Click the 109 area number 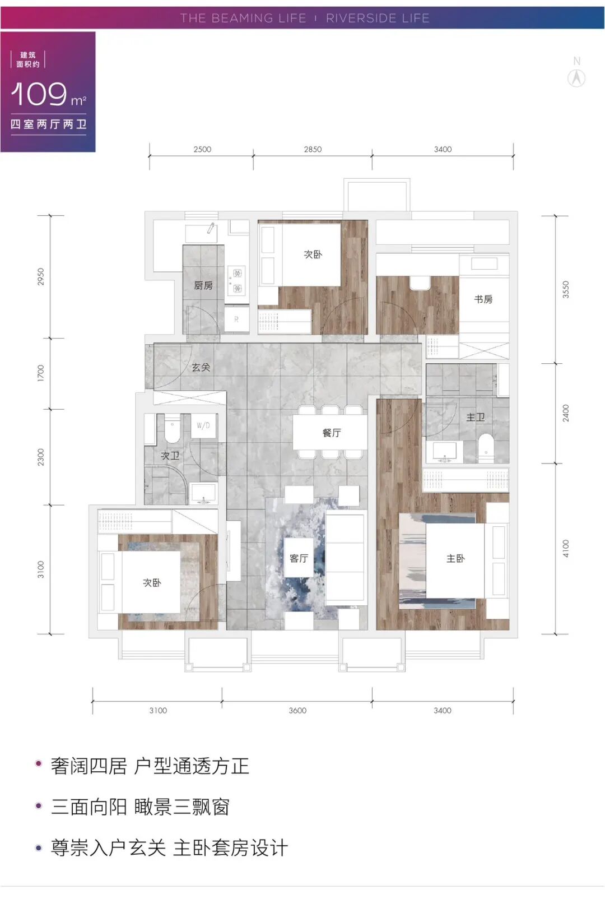[x=39, y=94]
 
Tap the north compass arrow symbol [x=576, y=78]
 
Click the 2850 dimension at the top [x=313, y=149]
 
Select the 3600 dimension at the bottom [x=297, y=710]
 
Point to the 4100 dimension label [x=566, y=549]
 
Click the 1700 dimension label [x=40, y=373]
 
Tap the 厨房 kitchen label [x=203, y=285]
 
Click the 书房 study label [x=483, y=299]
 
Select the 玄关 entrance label [x=201, y=367]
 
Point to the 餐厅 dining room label [x=332, y=433]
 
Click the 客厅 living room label [x=299, y=558]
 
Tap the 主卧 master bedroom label [x=455, y=559]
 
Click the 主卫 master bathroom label [x=476, y=417]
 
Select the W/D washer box [x=203, y=425]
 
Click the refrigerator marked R [x=236, y=319]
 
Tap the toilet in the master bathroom [x=486, y=448]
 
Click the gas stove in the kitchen [x=237, y=280]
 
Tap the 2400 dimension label [x=566, y=413]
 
